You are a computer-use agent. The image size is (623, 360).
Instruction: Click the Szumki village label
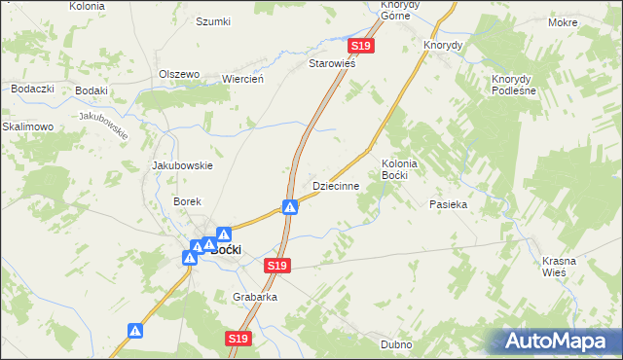[213, 21]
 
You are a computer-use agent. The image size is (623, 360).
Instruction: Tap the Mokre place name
[590, 21]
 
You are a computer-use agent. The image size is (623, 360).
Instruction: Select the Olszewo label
[179, 74]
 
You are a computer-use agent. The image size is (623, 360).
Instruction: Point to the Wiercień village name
[243, 80]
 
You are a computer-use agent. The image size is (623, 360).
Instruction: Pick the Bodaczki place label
[31, 89]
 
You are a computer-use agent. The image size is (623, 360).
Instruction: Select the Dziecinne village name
[336, 185]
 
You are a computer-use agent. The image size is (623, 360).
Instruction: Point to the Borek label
[187, 201]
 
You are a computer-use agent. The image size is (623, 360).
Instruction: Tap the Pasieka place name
[449, 204]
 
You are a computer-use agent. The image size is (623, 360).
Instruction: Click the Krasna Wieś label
[561, 266]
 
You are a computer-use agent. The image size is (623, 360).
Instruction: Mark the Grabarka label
[255, 297]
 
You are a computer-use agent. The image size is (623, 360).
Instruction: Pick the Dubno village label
[397, 344]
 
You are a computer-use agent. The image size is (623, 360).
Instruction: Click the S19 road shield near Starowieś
[361, 46]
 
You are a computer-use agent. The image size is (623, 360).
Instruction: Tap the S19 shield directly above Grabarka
[278, 266]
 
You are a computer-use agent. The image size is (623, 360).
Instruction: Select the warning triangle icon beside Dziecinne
[290, 206]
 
